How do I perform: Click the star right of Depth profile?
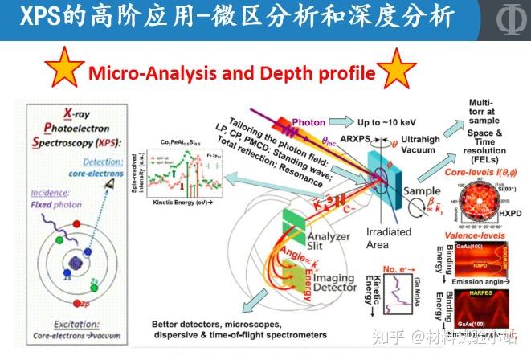point(398,71)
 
